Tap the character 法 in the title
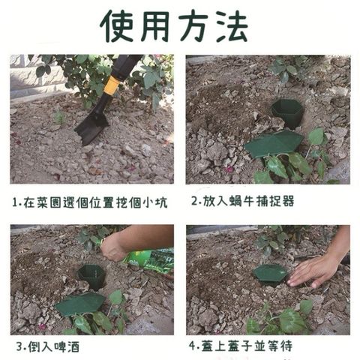[x=232, y=26]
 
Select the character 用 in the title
[x=155, y=26]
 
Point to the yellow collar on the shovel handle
[x=112, y=85]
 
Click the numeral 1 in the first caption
[x=16, y=202]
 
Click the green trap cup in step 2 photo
[x=287, y=112]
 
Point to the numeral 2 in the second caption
[x=194, y=201]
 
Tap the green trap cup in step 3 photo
[x=92, y=276]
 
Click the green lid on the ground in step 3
[x=80, y=304]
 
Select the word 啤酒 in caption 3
[x=67, y=346]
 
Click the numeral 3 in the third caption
[x=19, y=347]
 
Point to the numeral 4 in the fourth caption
[x=193, y=346]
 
